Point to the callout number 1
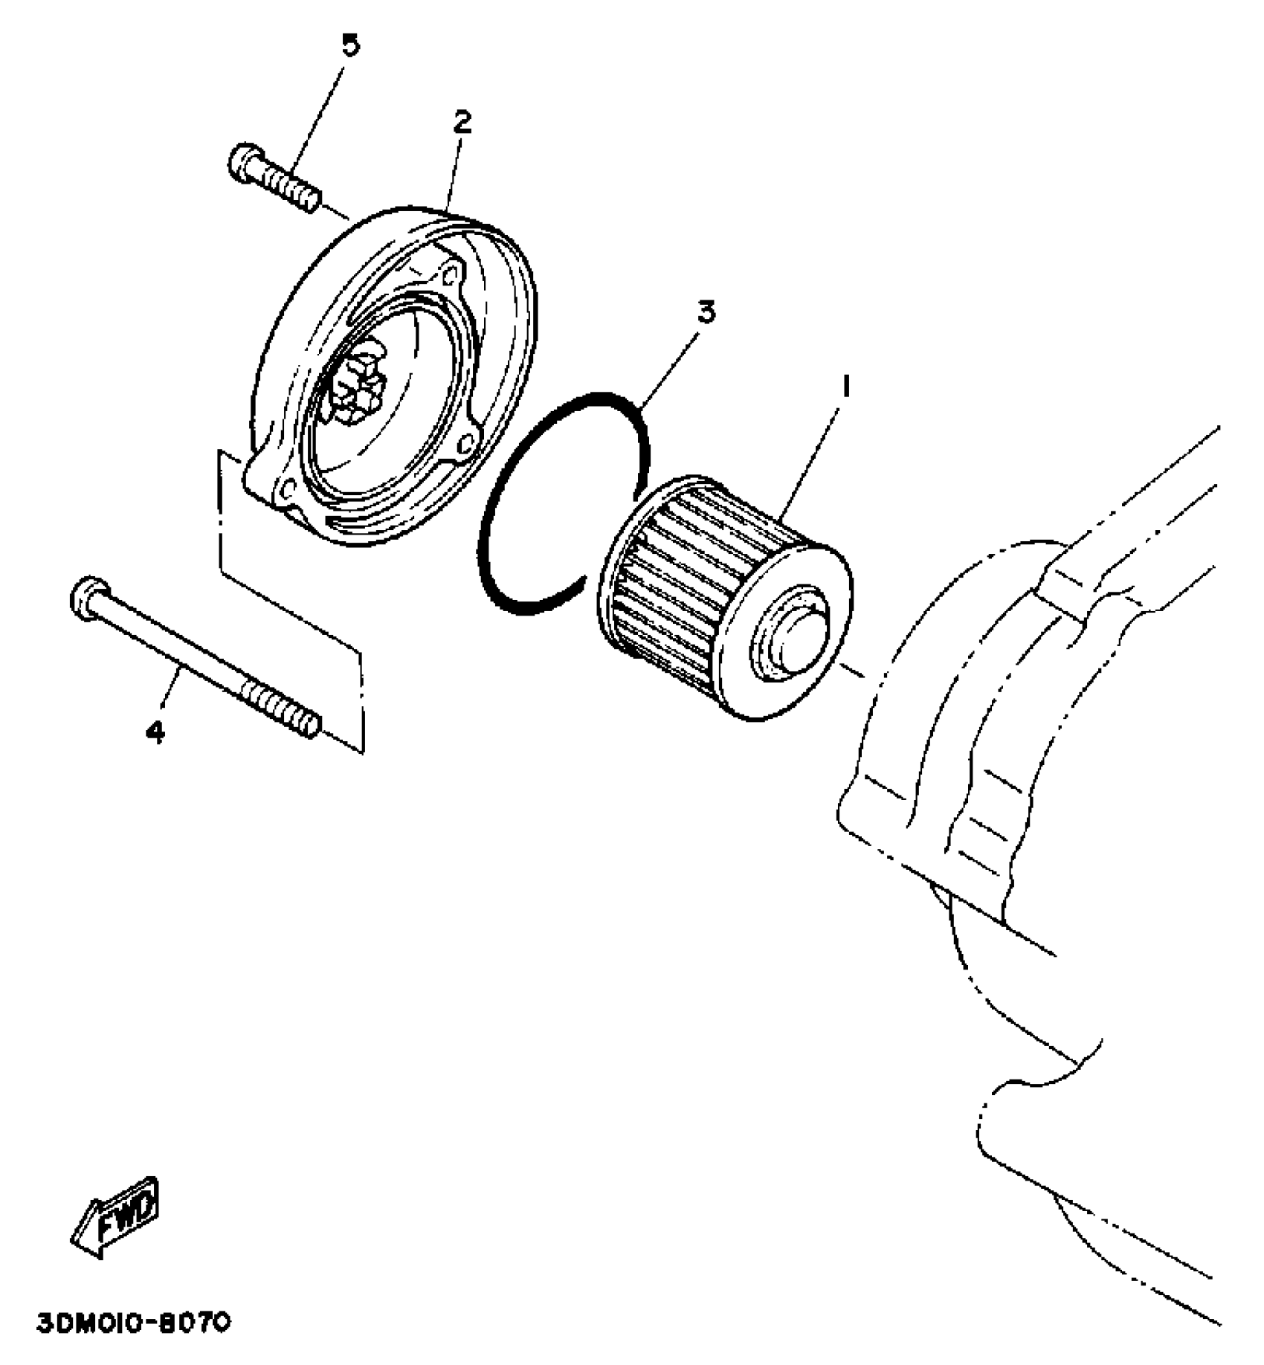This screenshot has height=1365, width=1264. click(845, 387)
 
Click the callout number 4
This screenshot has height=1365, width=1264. click(155, 732)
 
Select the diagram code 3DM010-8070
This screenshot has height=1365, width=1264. click(134, 1324)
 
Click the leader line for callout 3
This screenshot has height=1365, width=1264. click(669, 364)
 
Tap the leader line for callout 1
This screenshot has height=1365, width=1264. click(814, 454)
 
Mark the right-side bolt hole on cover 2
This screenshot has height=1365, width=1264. click(466, 444)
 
